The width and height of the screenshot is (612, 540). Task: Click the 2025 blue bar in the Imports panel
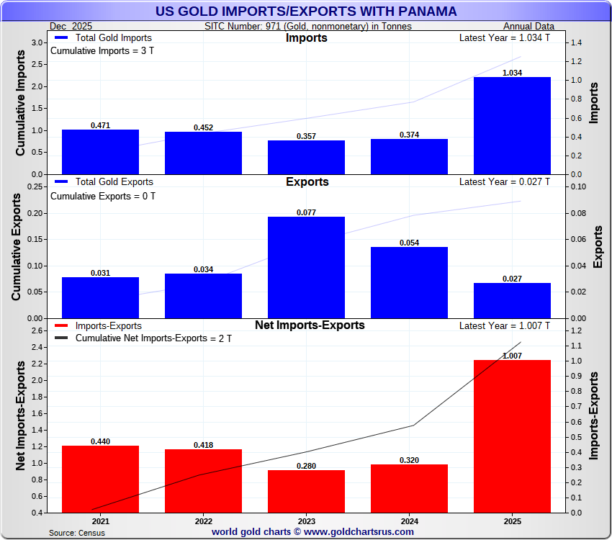tap(512, 126)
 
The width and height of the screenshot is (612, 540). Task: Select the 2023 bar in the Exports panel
tap(306, 267)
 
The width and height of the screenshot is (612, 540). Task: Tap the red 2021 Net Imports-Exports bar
tap(100, 479)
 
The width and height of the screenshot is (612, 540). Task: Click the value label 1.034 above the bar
tap(512, 73)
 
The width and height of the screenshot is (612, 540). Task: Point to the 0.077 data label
tap(306, 212)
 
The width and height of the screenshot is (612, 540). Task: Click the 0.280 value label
tap(306, 466)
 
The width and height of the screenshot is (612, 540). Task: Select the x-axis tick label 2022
tap(203, 521)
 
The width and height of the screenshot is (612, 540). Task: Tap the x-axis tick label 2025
tap(512, 521)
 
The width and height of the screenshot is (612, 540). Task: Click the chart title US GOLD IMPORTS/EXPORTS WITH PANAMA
tap(306, 12)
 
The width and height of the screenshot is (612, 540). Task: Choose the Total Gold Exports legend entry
tap(104, 182)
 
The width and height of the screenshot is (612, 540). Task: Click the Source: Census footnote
tap(77, 533)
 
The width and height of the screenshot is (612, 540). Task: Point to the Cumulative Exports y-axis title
tap(16, 251)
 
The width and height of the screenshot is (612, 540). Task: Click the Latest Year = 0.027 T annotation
tap(504, 182)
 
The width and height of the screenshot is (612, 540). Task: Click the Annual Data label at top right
tap(527, 26)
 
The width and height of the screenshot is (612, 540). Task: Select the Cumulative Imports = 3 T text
tap(102, 50)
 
